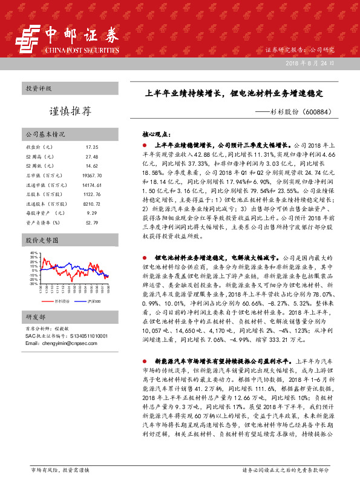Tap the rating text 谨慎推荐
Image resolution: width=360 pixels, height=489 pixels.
pyautogui.click(x=70, y=111)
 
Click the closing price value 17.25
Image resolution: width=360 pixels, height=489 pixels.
pyautogui.click(x=92, y=147)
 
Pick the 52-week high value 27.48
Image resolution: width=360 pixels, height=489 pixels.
pyautogui.click(x=92, y=156)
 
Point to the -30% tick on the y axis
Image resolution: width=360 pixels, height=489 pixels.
pyautogui.click(x=33, y=283)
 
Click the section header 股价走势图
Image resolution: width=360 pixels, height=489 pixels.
pyautogui.click(x=41, y=240)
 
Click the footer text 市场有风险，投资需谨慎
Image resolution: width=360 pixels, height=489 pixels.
pyautogui.click(x=60, y=470)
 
